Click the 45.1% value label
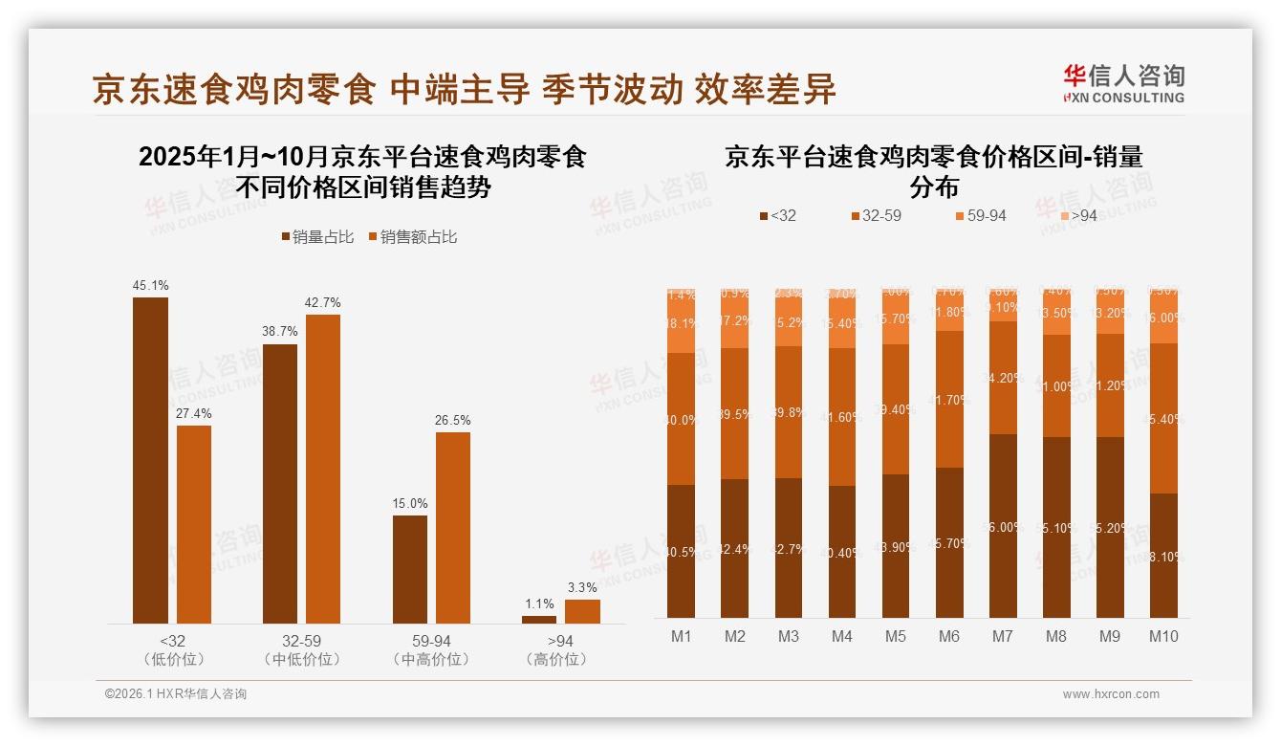[150, 285]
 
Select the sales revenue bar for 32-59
[322, 469]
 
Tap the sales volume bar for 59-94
[410, 569]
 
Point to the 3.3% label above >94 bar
[582, 587]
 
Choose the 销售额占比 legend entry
[412, 236]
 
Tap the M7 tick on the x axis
[1003, 636]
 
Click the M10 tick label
[1162, 636]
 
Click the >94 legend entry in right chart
[1077, 216]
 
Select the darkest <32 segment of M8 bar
[1056, 526]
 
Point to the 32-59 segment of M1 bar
[682, 419]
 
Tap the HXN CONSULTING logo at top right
[1123, 83]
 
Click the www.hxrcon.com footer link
[1111, 694]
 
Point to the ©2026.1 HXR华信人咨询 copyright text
[175, 694]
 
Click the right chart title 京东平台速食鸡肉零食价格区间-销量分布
[933, 170]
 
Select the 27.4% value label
[194, 413]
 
